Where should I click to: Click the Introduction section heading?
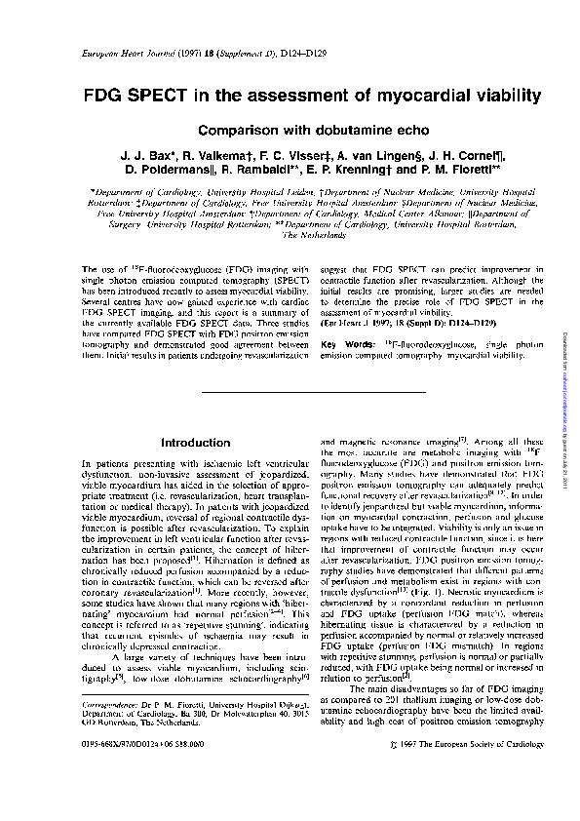[195, 443]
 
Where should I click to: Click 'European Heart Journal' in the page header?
[106, 59]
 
